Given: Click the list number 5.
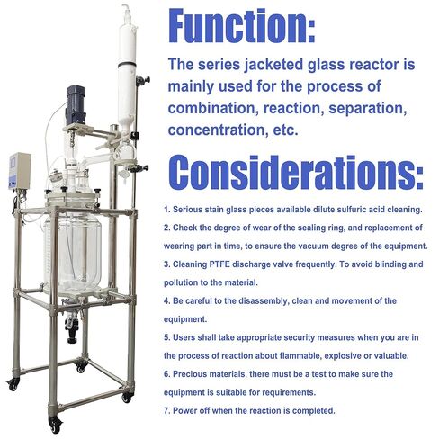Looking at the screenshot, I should pos(166,339).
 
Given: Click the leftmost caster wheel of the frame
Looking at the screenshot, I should pos(13,384).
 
